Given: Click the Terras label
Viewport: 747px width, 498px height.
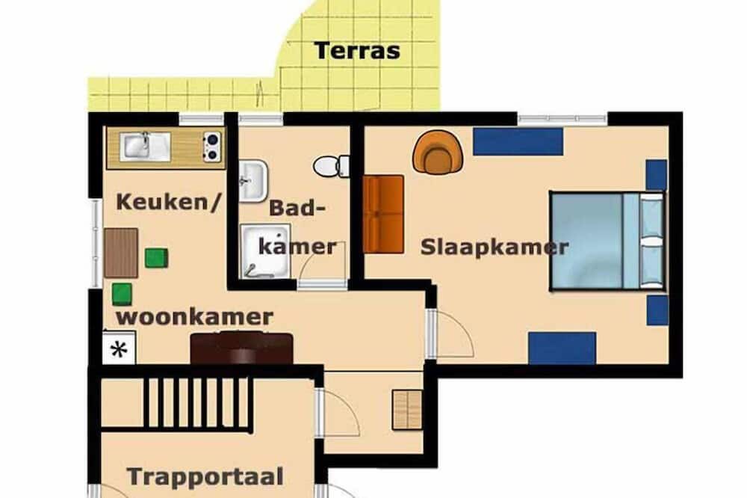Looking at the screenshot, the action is coord(357,51).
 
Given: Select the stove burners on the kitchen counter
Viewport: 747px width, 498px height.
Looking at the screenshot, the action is coord(211,147).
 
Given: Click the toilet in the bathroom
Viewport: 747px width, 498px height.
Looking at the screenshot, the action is coord(331,166).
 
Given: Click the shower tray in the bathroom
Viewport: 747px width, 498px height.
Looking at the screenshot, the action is coord(265,251).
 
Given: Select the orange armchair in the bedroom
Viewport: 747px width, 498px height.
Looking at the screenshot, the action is coord(438,153).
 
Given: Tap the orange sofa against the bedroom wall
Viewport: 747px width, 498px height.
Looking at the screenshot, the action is coord(383,214).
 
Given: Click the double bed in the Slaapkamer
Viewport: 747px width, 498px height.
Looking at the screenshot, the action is coord(607,241).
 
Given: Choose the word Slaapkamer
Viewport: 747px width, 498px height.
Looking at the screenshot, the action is coord(495,247).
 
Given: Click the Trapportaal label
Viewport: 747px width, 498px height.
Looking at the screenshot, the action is coord(205,476).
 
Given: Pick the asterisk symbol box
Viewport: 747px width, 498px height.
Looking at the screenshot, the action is coord(119,348).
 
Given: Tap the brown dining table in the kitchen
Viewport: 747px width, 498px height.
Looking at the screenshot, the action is coord(121,253).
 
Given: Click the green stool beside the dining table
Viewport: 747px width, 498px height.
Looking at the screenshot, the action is coord(156,258).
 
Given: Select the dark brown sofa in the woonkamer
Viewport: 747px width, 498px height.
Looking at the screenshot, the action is coord(241,348).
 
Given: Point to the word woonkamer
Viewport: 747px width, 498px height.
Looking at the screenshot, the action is coord(194,317).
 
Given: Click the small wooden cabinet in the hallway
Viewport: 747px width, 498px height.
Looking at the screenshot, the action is coord(407,411).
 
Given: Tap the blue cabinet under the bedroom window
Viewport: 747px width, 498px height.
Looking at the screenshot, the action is coord(518,141).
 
